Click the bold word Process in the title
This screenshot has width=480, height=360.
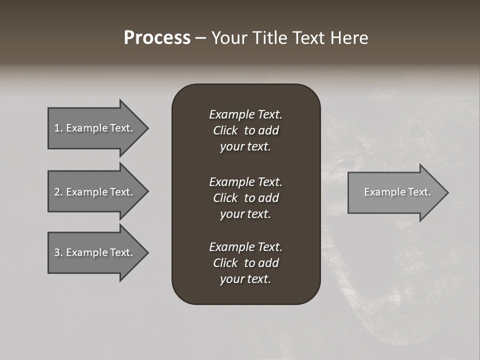tap(157, 38)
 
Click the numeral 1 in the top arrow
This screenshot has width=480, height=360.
tap(57, 128)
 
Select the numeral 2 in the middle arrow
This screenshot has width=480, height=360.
tap(57, 192)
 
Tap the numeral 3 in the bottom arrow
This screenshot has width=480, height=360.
tap(57, 252)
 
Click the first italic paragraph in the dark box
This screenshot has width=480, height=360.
tap(245, 130)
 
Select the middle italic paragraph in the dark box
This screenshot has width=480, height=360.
tap(245, 197)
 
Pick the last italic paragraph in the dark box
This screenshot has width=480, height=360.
tap(245, 263)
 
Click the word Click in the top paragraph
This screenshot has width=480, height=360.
tap(225, 130)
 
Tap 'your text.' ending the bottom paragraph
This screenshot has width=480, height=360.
tap(245, 279)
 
